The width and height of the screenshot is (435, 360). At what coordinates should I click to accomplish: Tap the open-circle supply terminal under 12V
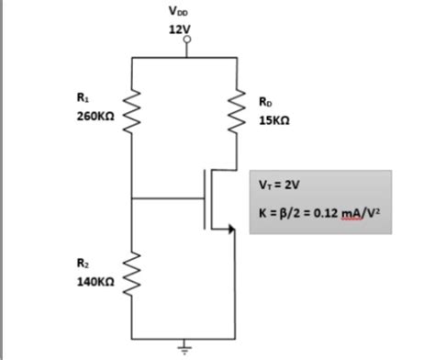click(189, 41)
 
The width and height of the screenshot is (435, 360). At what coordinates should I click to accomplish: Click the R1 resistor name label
click(83, 98)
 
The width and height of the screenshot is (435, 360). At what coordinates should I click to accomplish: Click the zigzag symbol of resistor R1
click(134, 110)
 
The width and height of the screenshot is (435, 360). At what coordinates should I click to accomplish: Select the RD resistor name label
click(265, 101)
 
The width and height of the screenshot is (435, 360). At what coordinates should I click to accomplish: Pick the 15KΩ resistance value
click(273, 118)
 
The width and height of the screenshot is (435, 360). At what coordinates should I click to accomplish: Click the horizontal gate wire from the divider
click(168, 198)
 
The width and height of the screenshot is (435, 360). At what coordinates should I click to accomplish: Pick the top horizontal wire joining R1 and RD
click(188, 57)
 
